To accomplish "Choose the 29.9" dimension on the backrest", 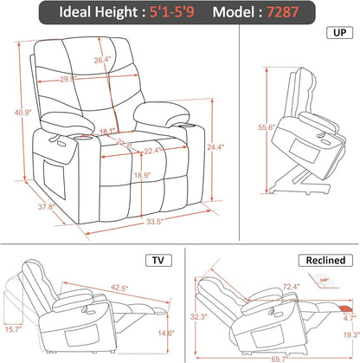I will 92,78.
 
